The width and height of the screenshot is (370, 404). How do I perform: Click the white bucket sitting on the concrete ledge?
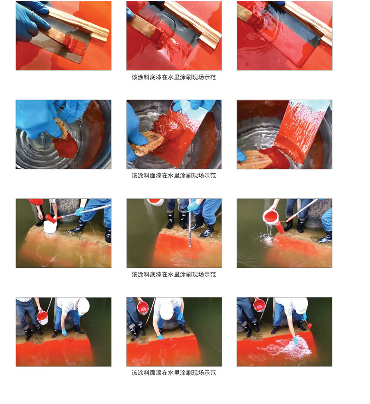coord(51,227)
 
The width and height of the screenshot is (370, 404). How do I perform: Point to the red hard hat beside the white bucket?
coord(35,201)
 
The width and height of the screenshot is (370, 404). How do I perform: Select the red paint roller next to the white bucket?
coord(51,219)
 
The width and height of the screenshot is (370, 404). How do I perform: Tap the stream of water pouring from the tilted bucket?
coord(269,231)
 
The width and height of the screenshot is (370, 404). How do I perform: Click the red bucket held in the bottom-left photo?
coord(42,318)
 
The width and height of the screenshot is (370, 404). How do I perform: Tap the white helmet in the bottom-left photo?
coord(83,306)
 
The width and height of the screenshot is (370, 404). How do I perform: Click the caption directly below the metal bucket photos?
coord(174,176)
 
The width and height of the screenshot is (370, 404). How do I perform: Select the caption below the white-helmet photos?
coord(174,373)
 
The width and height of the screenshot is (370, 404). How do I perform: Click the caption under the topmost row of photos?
coord(174,77)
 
